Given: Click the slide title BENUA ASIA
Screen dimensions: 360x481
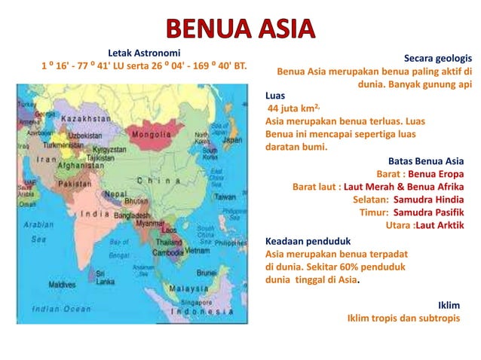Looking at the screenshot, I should click(239, 29).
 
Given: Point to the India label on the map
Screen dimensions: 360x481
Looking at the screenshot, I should click(96, 213).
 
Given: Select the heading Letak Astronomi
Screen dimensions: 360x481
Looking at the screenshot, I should click(144, 53).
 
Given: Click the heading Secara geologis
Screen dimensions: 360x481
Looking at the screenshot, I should click(438, 58).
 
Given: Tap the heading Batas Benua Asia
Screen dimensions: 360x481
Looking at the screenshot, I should click(425, 161).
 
